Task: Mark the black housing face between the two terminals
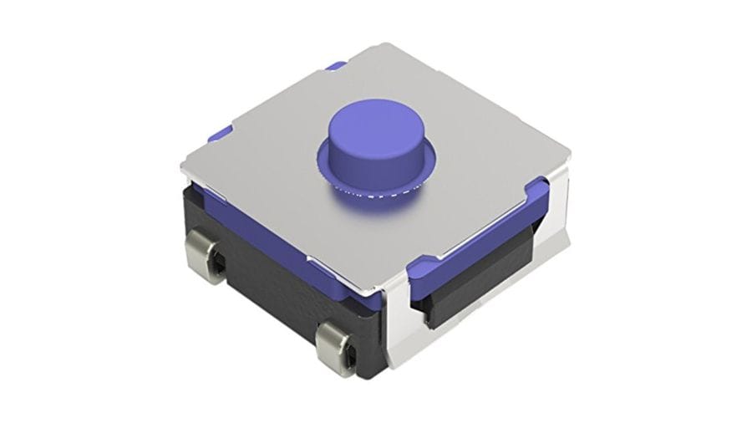click(276, 293)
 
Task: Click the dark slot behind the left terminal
click(219, 266)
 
